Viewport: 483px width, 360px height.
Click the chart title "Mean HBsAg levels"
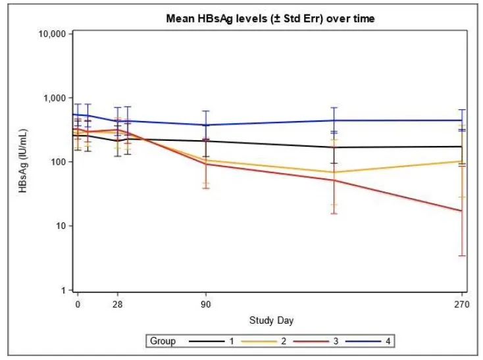[270, 19]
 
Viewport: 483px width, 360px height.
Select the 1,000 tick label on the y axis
[53, 97]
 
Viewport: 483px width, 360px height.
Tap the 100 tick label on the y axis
[57, 162]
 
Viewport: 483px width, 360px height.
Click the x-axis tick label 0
[78, 305]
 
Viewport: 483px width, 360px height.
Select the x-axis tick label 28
[118, 305]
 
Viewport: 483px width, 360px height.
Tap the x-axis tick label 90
[206, 305]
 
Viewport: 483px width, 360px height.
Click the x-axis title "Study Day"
[271, 321]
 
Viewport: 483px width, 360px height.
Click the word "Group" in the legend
[163, 341]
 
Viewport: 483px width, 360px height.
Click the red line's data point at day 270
[463, 211]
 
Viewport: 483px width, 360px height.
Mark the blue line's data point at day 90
[206, 125]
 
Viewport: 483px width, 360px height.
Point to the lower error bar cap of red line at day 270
[463, 255]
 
